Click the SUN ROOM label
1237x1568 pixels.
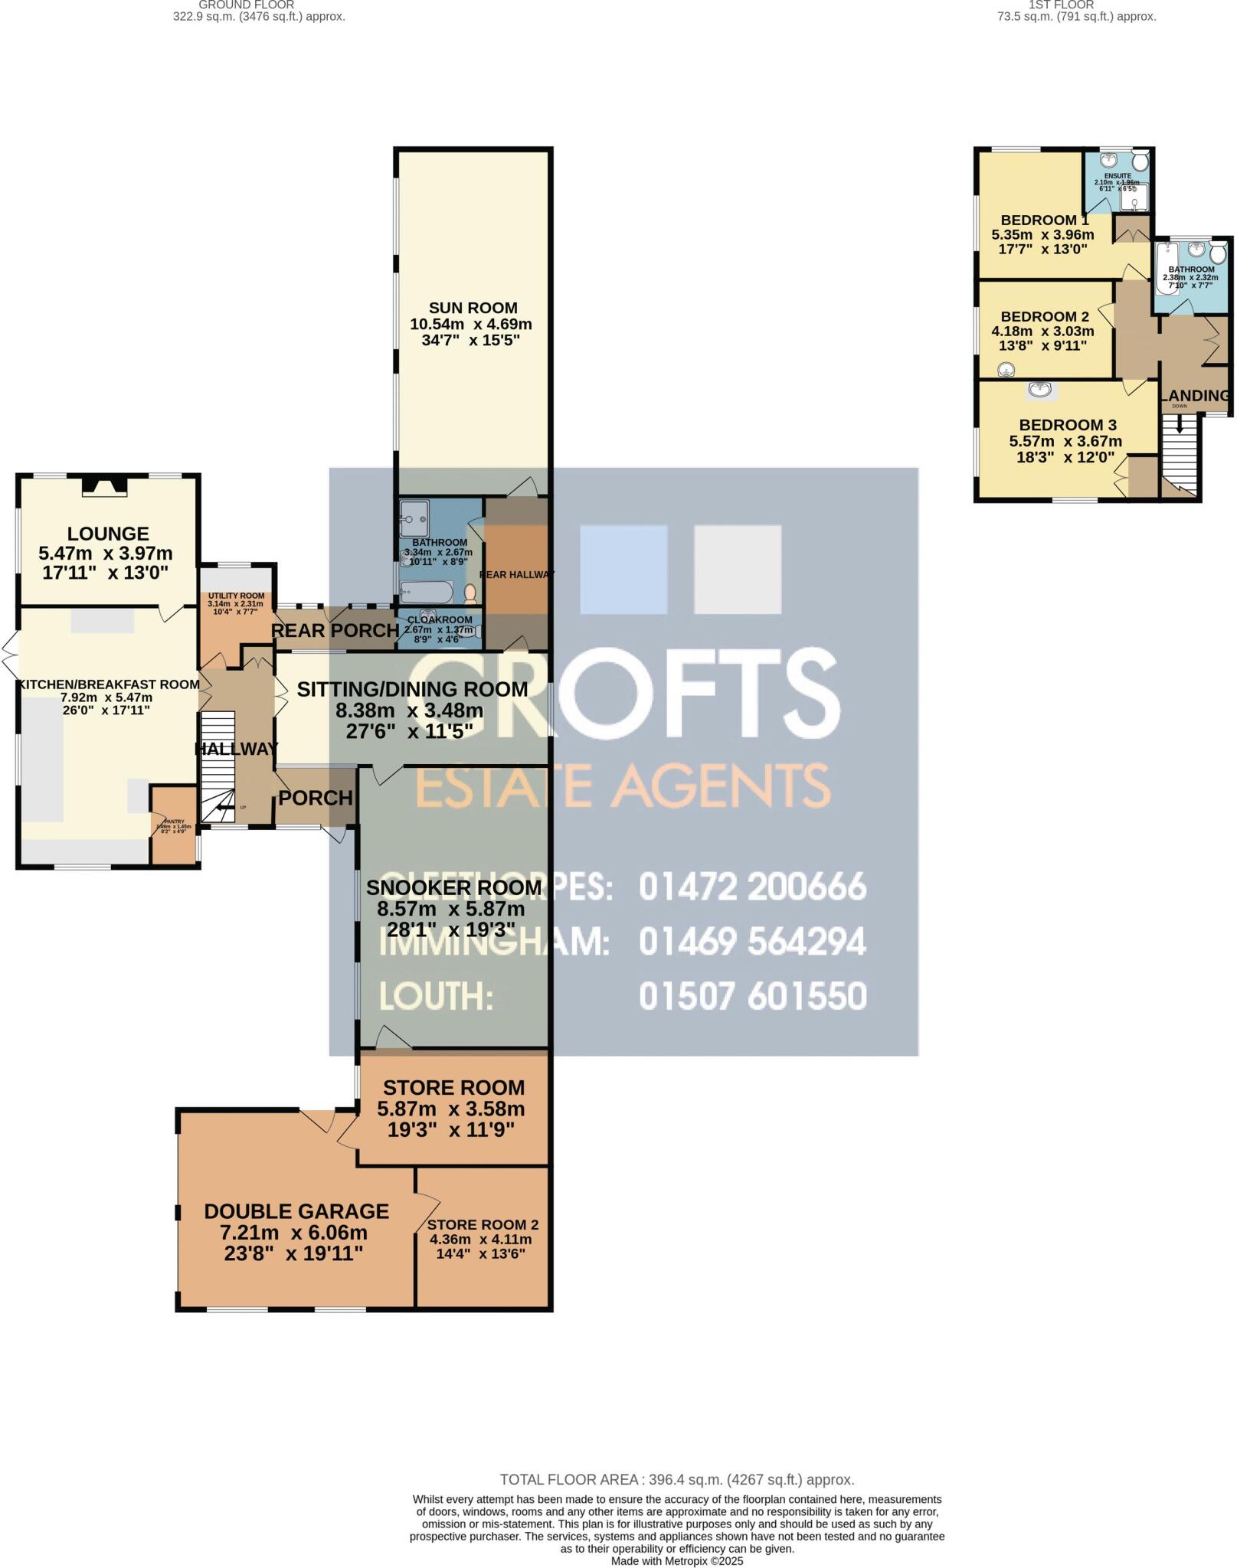pos(473,309)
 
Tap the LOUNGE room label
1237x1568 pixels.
pos(107,534)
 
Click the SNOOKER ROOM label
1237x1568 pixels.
pos(453,888)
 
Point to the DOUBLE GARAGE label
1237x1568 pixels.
pos(296,1211)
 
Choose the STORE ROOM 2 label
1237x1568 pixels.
pos(477,1225)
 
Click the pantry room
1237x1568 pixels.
pos(174,825)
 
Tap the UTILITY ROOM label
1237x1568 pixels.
pos(236,596)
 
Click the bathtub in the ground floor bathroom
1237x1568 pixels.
pos(427,591)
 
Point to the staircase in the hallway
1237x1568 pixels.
pos(218,766)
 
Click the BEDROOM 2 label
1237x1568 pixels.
pos(1044,317)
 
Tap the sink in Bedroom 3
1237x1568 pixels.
pos(1039,390)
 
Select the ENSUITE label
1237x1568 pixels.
pos(1118,176)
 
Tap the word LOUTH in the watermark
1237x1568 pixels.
pos(435,997)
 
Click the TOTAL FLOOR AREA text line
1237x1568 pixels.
pos(676,1480)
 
